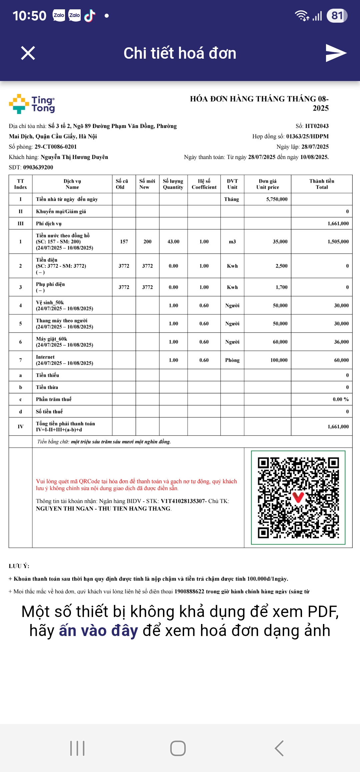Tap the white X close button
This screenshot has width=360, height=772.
28,53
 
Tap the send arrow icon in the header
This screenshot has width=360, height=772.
336,53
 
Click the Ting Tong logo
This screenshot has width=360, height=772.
32,104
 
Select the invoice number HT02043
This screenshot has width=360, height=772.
317,126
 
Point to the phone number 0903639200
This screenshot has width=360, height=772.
38,167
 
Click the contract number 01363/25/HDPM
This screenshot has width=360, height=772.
307,136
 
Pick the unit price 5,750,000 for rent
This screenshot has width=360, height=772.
277,199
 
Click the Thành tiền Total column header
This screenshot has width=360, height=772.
322,184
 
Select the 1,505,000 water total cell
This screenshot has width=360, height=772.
338,242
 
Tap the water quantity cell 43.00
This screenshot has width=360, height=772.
173,242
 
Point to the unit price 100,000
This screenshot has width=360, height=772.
279,360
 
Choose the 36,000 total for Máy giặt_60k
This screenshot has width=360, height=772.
341,342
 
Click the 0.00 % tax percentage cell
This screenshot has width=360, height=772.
341,399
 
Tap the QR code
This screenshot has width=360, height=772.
298,498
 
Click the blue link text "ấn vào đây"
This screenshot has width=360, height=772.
98,631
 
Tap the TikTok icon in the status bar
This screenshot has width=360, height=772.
90,15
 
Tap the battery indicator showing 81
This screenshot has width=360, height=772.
337,16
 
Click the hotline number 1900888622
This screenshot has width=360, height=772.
189,591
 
